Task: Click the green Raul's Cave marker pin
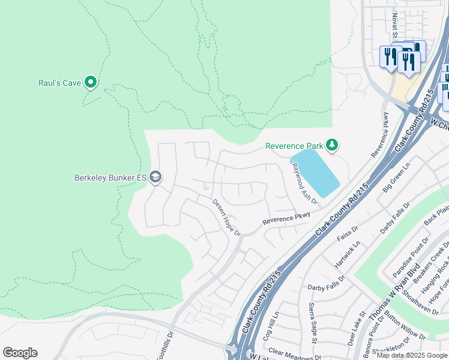[x=91, y=82]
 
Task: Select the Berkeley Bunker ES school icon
[x=155, y=176]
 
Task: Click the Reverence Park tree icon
[x=331, y=145]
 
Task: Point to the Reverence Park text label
[x=294, y=146]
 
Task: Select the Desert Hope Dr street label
[x=226, y=217]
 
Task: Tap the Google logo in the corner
[x=20, y=353]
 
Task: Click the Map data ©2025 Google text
[x=412, y=355]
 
